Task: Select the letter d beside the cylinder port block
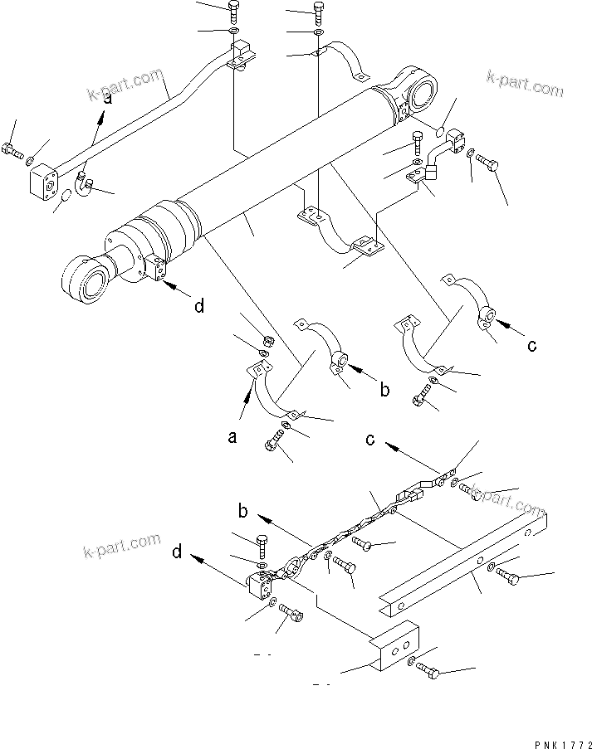tap(198, 306)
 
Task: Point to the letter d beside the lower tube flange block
tap(176, 551)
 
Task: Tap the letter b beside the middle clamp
tap(384, 388)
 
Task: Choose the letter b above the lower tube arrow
tap(243, 507)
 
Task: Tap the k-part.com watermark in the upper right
tap(524, 83)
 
